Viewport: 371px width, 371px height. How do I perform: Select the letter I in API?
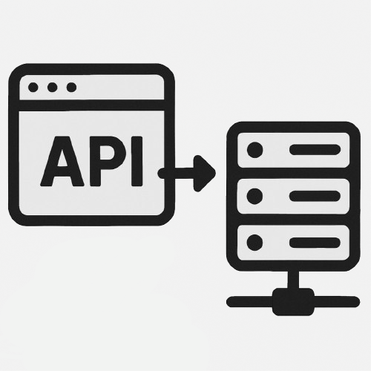[x=137, y=161]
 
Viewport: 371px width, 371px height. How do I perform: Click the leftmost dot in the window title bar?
[x=33, y=88]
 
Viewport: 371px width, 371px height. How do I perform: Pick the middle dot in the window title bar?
[x=53, y=88]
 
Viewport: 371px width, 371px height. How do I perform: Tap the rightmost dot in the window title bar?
[x=72, y=88]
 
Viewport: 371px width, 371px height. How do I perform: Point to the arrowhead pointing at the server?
[x=204, y=174]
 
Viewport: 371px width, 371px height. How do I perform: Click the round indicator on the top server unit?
[x=255, y=150]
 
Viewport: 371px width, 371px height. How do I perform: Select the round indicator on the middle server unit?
[x=255, y=196]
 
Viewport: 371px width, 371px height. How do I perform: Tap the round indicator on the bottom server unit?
[x=255, y=243]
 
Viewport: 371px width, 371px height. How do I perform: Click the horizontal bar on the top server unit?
[x=315, y=150]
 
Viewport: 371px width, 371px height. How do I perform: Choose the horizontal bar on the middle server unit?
[x=315, y=196]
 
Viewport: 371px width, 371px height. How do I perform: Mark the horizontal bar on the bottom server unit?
[x=315, y=243]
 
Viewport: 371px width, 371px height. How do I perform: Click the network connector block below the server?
[x=293, y=302]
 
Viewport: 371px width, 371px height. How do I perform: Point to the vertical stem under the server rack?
[x=293, y=280]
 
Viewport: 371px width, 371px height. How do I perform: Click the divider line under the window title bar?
[x=91, y=105]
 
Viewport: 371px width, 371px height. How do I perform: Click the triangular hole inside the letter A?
[x=62, y=158]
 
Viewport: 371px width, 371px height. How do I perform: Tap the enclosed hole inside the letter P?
[x=109, y=154]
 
